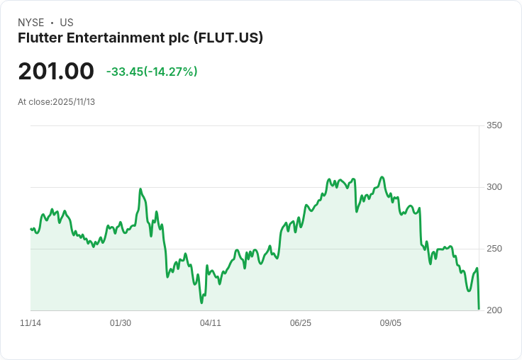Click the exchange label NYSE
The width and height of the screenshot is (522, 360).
click(x=31, y=23)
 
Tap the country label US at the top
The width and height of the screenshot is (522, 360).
click(x=67, y=23)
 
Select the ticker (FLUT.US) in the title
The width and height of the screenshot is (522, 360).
click(x=228, y=38)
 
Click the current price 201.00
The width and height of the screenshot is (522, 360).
click(x=56, y=72)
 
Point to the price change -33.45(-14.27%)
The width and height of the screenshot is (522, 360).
click(x=152, y=72)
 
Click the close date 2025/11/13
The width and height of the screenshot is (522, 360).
click(x=74, y=102)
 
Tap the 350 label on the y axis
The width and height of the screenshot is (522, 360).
click(x=494, y=126)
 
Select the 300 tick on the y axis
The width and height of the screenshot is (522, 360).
click(x=494, y=187)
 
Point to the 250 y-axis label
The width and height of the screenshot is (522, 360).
click(x=494, y=249)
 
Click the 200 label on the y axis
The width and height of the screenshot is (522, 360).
click(x=494, y=310)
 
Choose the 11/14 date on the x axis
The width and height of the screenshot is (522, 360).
click(x=30, y=323)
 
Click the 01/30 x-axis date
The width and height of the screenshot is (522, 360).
click(x=121, y=323)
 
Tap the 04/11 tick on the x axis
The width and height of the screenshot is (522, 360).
click(x=211, y=323)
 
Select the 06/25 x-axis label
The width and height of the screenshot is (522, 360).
click(x=301, y=323)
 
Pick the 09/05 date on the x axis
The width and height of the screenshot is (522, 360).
click(x=391, y=323)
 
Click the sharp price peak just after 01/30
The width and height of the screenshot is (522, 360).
click(x=140, y=189)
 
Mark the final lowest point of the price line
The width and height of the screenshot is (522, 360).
click(x=479, y=308)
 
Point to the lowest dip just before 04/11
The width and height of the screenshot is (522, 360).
click(x=201, y=303)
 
